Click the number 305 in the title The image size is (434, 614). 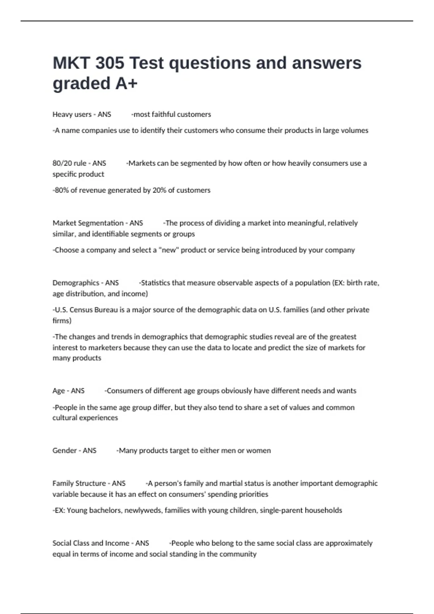pyautogui.click(x=110, y=63)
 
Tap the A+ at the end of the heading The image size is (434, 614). pyautogui.click(x=126, y=83)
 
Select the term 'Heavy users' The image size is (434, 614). pyautogui.click(x=72, y=114)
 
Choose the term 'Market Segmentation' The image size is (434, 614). pyautogui.click(x=88, y=223)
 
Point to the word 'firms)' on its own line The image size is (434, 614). pyautogui.click(x=62, y=321)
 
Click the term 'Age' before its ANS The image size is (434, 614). pyautogui.click(x=59, y=391)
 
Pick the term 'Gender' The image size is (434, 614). pyautogui.click(x=64, y=451)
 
